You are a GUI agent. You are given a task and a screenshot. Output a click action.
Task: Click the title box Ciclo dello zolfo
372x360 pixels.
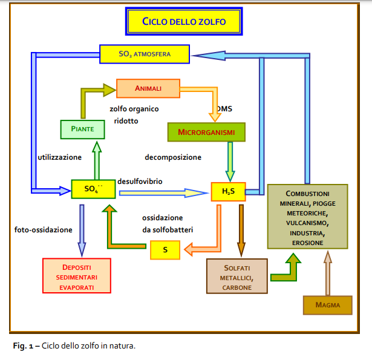(x=184, y=21)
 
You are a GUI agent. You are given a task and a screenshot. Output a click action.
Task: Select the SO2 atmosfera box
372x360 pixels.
(x=145, y=54)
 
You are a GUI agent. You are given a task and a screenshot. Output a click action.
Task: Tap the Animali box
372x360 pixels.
(x=148, y=88)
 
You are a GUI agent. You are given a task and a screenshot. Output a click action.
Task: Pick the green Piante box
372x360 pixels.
(x=82, y=129)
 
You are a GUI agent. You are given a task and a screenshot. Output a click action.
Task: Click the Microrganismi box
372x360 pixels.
(x=206, y=132)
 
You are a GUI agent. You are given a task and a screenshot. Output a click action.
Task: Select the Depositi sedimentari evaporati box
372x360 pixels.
(x=76, y=277)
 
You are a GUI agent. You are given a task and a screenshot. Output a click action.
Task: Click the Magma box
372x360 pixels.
(x=327, y=305)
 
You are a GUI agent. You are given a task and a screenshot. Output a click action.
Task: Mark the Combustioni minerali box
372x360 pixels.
(x=307, y=217)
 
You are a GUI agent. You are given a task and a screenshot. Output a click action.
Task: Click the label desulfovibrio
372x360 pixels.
(x=140, y=180)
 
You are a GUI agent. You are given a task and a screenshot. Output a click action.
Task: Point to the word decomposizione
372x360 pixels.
(x=173, y=157)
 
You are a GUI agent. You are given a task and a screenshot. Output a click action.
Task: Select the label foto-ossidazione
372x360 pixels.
(x=44, y=230)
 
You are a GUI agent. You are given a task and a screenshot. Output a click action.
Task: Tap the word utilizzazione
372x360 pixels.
(x=59, y=157)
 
